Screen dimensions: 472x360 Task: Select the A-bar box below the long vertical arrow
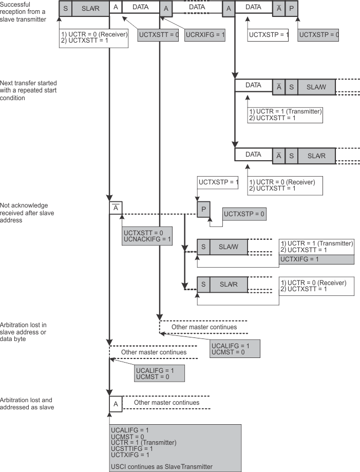point(116,207)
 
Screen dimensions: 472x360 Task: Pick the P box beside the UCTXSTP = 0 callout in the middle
point(204,209)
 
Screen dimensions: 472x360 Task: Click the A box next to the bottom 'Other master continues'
point(116,404)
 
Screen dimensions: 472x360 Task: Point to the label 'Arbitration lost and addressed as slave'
point(27,403)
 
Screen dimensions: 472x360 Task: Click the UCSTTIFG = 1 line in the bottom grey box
point(131,448)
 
